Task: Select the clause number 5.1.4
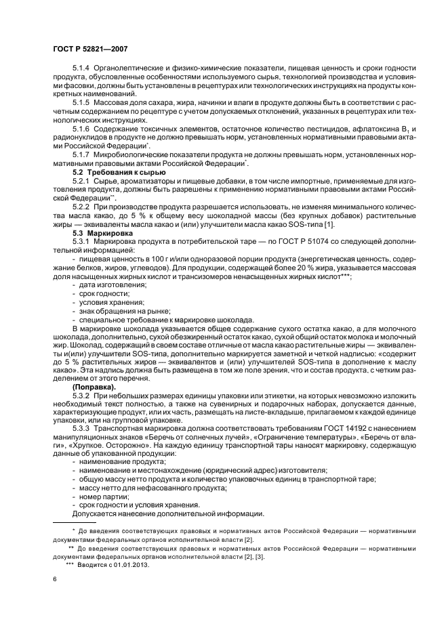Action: (x=82, y=69)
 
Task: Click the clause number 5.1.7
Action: (x=82, y=155)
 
